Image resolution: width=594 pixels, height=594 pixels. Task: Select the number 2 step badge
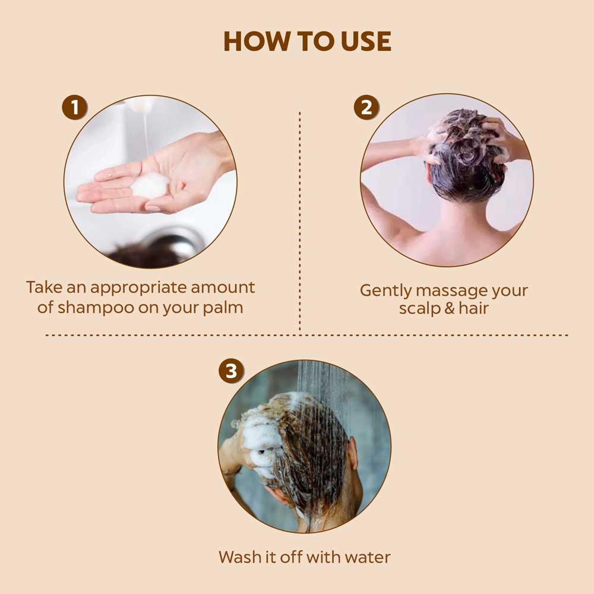[366, 108]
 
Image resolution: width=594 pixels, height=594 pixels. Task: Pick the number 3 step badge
[231, 371]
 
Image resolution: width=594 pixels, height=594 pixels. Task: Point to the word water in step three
[368, 557]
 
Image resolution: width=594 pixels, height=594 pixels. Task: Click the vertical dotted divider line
[299, 220]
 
